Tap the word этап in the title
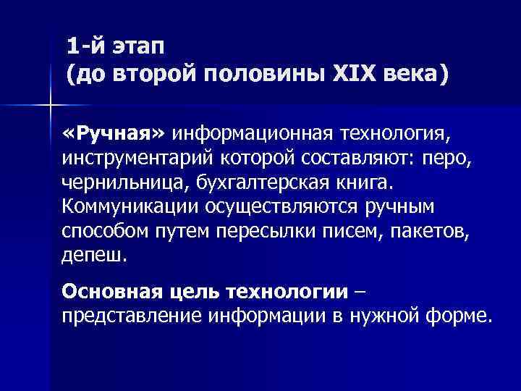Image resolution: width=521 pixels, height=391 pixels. [137, 47]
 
